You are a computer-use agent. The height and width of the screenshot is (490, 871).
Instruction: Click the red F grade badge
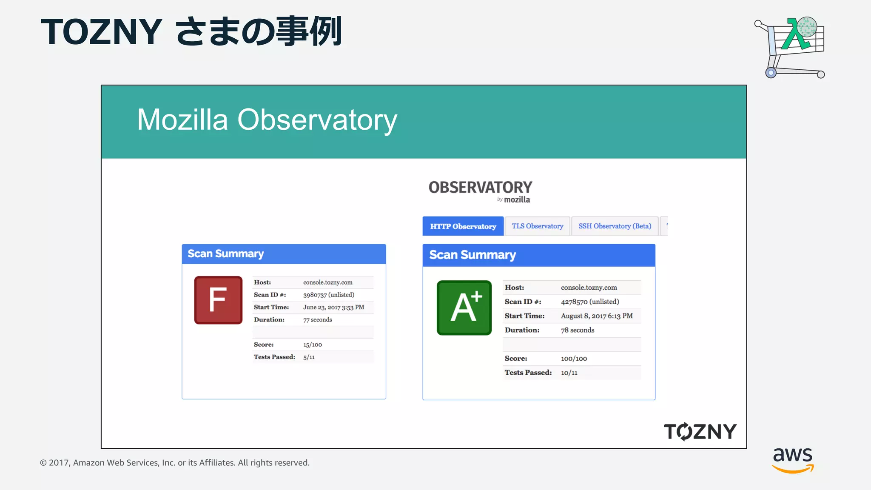pos(218,300)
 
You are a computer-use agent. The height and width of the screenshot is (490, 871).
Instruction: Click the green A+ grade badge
pos(464,308)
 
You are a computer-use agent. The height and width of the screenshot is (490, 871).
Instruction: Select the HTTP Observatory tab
pos(463,226)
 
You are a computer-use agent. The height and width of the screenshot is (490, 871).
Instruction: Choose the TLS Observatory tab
pos(537,226)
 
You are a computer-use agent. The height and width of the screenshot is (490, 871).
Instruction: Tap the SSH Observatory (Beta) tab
pos(615,226)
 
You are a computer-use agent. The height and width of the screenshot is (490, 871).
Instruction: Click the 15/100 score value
pos(313,345)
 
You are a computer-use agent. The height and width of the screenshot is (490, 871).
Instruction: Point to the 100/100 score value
pos(574,359)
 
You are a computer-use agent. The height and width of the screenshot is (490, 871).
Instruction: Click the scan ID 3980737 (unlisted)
pos(328,295)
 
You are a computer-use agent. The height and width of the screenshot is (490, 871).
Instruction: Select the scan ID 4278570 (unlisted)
pos(589,302)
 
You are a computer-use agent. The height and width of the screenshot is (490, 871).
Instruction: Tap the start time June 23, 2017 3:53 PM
pos(333,307)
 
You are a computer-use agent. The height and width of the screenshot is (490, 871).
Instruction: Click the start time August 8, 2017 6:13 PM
pos(596,316)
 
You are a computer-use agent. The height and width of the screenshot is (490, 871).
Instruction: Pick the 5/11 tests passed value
pos(309,357)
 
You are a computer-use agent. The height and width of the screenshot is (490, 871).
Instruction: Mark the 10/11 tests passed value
pos(569,373)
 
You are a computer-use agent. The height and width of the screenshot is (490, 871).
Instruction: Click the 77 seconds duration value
pos(317,320)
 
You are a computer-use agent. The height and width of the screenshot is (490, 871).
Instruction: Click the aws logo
pos(793,459)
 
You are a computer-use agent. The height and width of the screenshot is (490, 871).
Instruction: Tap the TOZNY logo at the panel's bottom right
pos(700,431)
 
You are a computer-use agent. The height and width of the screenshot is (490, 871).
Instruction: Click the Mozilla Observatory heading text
pos(267,120)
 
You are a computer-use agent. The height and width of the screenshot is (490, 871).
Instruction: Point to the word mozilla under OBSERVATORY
pos(517,199)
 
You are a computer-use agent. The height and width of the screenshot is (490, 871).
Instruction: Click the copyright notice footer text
pos(175,463)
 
